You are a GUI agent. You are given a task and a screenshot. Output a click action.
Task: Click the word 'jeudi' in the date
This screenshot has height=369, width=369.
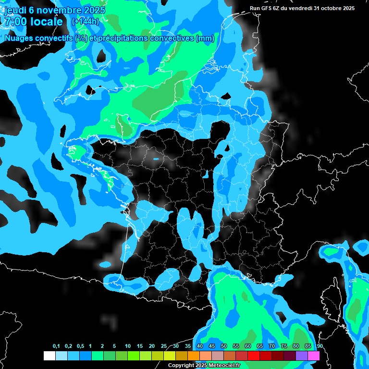pyautogui.click(x=14, y=10)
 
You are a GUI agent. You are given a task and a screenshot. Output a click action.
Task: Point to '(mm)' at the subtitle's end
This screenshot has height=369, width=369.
pyautogui.click(x=205, y=38)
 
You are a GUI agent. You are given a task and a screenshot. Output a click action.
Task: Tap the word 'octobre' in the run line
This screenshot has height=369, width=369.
pyautogui.click(x=331, y=8)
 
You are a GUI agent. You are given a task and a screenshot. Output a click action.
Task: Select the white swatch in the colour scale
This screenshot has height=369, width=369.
pyautogui.click(x=49, y=356)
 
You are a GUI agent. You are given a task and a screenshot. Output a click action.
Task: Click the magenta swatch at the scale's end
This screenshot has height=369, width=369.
pyautogui.click(x=314, y=356)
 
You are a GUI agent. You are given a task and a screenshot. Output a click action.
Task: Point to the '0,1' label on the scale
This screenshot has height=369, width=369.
pyautogui.click(x=56, y=346)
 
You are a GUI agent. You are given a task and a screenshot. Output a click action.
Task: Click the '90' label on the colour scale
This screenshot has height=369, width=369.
pyautogui.click(x=320, y=346)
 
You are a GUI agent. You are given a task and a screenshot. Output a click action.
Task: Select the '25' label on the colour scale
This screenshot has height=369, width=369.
pyautogui.click(x=164, y=346)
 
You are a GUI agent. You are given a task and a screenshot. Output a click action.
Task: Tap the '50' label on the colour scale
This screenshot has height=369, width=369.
pyautogui.click(x=224, y=346)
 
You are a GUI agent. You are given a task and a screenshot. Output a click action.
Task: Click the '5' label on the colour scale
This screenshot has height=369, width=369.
pyautogui.click(x=114, y=346)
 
